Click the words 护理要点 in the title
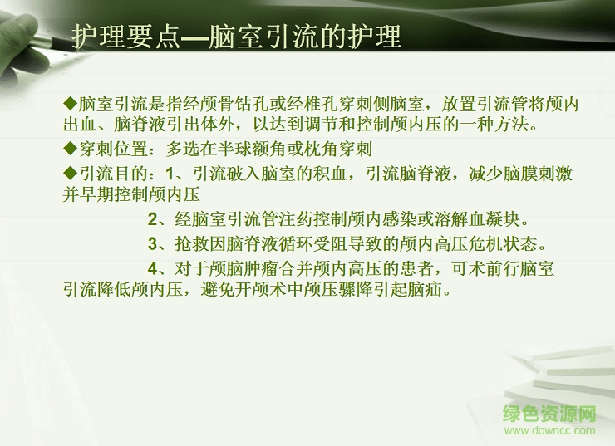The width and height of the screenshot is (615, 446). coord(125,37)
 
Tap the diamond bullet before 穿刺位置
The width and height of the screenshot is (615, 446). coord(71,149)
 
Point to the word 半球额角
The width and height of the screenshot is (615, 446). coord(261,149)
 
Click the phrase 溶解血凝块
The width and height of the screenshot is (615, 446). coord(482,221)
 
